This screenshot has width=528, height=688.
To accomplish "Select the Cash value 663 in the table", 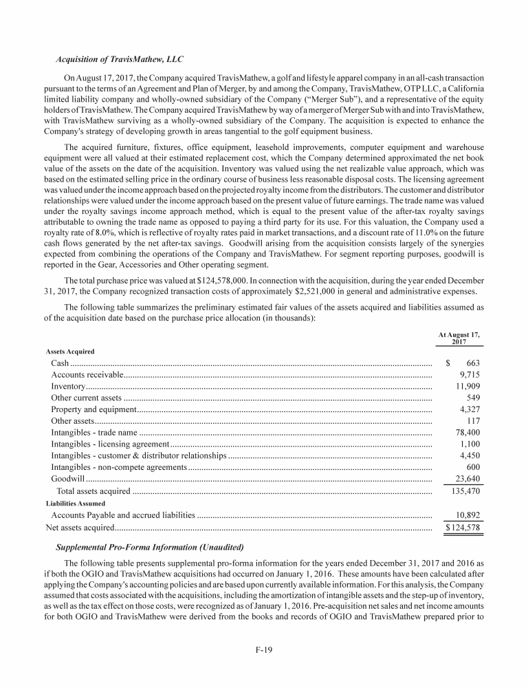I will click(x=472, y=363).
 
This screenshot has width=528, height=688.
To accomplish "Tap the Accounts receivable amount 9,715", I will click(x=468, y=375).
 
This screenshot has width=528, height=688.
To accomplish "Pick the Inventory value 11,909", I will click(x=467, y=387).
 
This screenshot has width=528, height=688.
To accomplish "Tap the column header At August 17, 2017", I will click(x=460, y=338).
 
